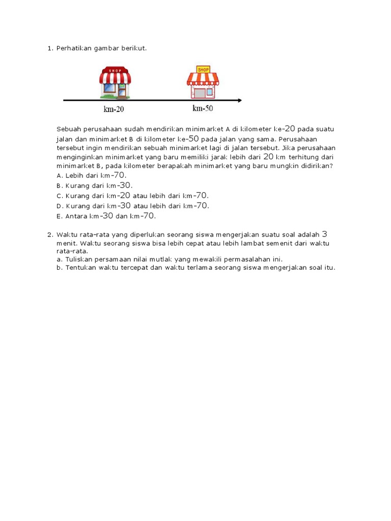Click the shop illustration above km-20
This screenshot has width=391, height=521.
(x=115, y=82)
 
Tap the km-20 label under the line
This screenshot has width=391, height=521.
(x=114, y=109)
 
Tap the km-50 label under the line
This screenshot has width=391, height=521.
(x=203, y=108)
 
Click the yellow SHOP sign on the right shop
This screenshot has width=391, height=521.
(x=203, y=70)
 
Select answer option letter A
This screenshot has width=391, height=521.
(x=59, y=175)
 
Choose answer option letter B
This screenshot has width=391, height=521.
(x=59, y=186)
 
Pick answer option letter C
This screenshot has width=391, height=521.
(x=59, y=196)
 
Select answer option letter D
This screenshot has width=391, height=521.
(x=59, y=206)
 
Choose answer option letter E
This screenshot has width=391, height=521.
(x=59, y=216)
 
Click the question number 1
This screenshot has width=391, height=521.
(x=49, y=48)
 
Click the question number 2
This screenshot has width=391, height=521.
(x=49, y=235)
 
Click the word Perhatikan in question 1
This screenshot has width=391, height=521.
(x=73, y=48)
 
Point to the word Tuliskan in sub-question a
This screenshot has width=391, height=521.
(x=78, y=259)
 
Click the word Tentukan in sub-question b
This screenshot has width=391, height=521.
(x=80, y=268)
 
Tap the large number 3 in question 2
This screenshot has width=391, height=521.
(x=325, y=234)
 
